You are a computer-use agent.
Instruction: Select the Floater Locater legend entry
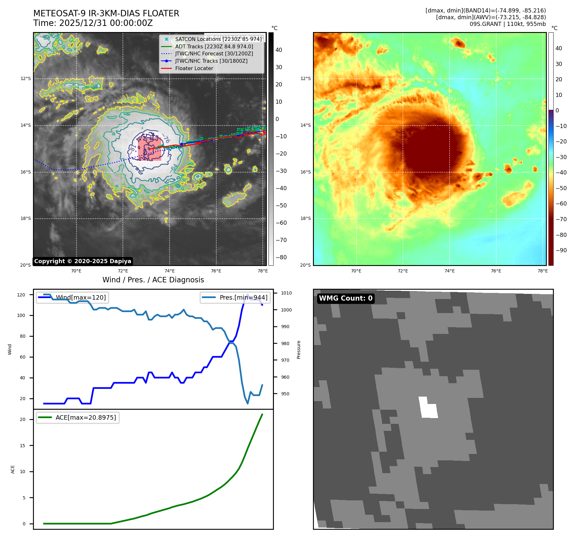194,68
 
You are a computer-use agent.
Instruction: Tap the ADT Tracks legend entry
214,46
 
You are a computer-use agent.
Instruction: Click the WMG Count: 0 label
346,298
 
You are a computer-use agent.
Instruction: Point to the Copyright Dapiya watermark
83,261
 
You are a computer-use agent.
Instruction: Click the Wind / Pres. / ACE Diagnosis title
153,280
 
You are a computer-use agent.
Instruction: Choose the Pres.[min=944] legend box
235,297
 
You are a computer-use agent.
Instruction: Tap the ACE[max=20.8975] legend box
77,417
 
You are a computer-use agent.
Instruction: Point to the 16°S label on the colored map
305,172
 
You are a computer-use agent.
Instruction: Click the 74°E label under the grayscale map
170,271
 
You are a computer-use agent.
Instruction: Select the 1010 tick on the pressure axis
286,293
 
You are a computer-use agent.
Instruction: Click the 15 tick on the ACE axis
22,445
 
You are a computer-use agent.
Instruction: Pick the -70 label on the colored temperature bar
561,219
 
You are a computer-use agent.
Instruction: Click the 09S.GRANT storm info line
507,24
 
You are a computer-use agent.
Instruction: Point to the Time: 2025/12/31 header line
93,23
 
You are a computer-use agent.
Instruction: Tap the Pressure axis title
299,349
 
